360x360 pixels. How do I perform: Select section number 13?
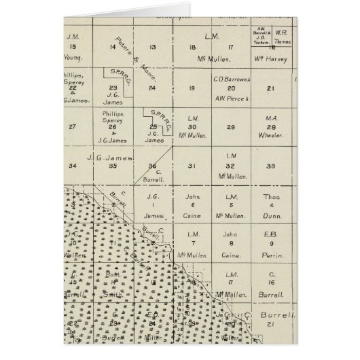click(x=152, y=47)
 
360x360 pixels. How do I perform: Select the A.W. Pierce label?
click(x=232, y=96)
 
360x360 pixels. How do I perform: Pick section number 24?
click(x=152, y=88)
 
